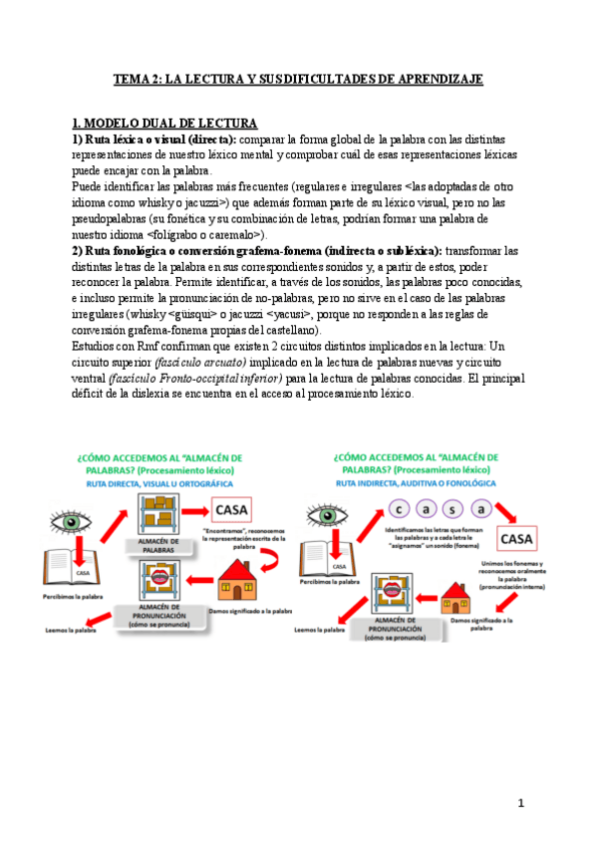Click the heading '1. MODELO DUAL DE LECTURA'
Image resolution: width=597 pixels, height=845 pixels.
coord(164,124)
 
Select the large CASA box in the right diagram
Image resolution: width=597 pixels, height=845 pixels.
coord(520,539)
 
